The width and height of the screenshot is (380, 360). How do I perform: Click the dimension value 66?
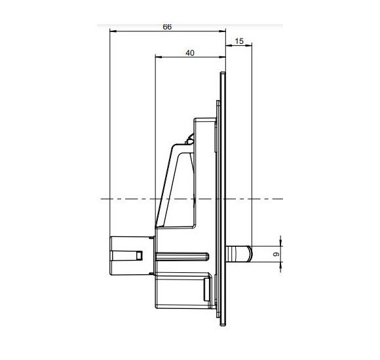click(166, 27)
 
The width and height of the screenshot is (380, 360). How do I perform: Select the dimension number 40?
click(190, 54)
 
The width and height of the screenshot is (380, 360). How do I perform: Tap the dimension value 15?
click(238, 41)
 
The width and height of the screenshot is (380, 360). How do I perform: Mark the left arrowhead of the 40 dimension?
click(157, 57)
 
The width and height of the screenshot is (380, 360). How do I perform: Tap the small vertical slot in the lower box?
click(208, 288)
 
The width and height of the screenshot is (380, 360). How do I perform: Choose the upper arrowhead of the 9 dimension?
click(280, 243)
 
